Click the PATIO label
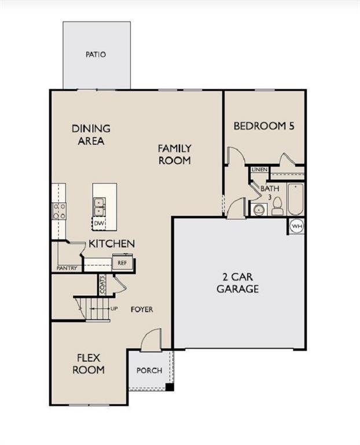[x=96, y=54]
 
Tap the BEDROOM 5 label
[x=264, y=126]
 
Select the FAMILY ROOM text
[x=174, y=154]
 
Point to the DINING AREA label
[x=91, y=134]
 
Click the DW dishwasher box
[x=99, y=224]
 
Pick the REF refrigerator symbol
[x=122, y=262]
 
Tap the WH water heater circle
[x=297, y=227]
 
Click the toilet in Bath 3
[x=277, y=206]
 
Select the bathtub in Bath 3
[x=295, y=199]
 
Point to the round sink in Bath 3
[x=259, y=210]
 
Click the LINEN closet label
[x=259, y=169]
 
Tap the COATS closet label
[x=102, y=284]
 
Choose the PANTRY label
[x=67, y=268]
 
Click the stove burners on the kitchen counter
[x=59, y=211]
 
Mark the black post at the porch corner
[x=169, y=388]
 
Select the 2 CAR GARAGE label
[x=237, y=283]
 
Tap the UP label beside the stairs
[x=114, y=308]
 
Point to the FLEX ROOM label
[x=89, y=364]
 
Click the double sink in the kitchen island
[x=99, y=207]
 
